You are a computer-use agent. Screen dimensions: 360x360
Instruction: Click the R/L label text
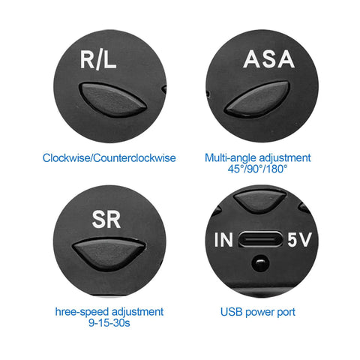[x=98, y=59]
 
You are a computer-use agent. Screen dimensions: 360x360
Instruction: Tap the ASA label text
[x=268, y=59]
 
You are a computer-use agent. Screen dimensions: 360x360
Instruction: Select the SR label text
[x=106, y=219]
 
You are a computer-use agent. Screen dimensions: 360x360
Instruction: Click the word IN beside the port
[x=223, y=239]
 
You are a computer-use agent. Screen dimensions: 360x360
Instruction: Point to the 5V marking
[x=299, y=239]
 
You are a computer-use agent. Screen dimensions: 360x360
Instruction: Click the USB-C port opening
[x=260, y=239]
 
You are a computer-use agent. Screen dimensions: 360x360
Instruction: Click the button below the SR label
[x=109, y=253]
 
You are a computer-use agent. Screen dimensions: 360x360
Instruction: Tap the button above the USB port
[x=260, y=200]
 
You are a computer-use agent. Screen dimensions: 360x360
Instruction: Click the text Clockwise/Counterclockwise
[x=109, y=158]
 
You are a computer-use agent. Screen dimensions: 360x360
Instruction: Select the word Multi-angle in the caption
[x=230, y=158]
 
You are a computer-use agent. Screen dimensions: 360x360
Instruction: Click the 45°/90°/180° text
[x=257, y=169]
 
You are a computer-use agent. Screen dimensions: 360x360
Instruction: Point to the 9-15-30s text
[x=109, y=322]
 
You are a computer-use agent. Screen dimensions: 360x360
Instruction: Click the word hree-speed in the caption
[x=82, y=312]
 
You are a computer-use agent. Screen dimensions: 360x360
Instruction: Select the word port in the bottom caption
[x=286, y=313]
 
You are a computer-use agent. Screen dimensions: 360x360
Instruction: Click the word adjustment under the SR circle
[x=137, y=312]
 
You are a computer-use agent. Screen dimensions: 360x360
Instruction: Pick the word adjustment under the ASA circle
[x=284, y=158]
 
